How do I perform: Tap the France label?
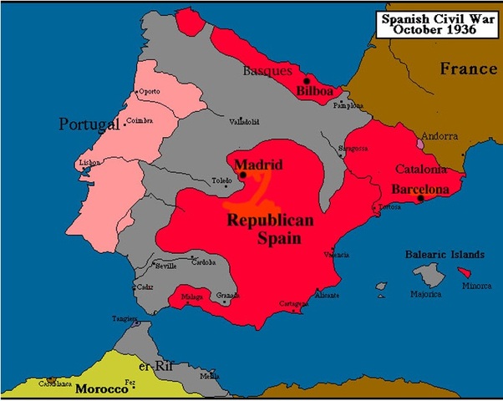pyautogui.click(x=468, y=69)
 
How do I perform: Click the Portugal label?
pyautogui.click(x=85, y=124)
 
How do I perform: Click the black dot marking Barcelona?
pyautogui.click(x=421, y=198)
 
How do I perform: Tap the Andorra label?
pyautogui.click(x=439, y=135)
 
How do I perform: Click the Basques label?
pyautogui.click(x=267, y=72)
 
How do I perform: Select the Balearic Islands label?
pyautogui.click(x=445, y=251)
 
